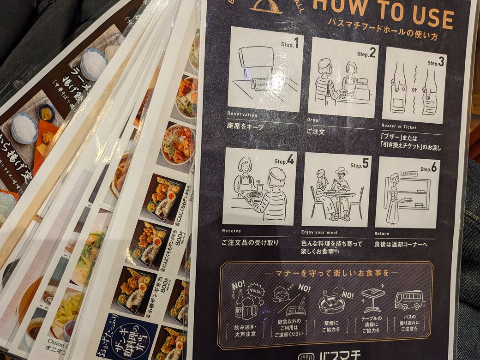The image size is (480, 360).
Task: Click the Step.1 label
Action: point(290,44)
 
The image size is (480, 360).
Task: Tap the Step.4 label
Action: point(284,161)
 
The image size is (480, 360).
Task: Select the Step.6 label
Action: point(428,168)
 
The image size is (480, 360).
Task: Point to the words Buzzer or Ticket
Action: point(399,126)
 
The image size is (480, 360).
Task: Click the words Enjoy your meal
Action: point(321,232)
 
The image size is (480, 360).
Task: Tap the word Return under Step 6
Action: point(383,234)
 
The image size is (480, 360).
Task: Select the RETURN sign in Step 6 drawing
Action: point(409,174)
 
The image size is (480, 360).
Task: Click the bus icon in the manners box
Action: point(409,300)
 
